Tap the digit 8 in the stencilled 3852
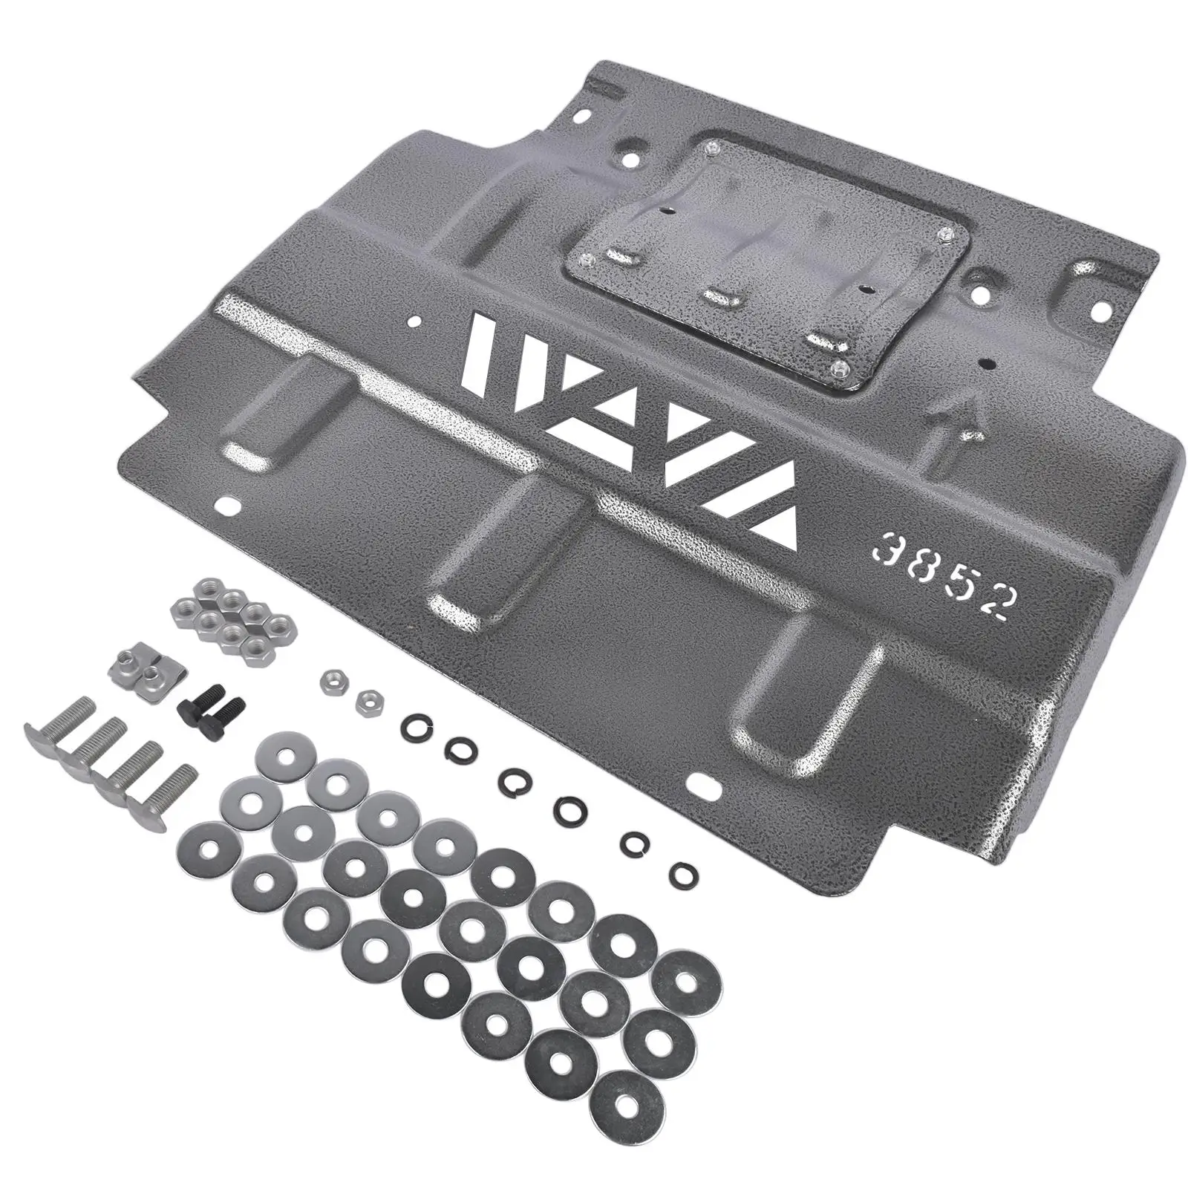tap(921, 564)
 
